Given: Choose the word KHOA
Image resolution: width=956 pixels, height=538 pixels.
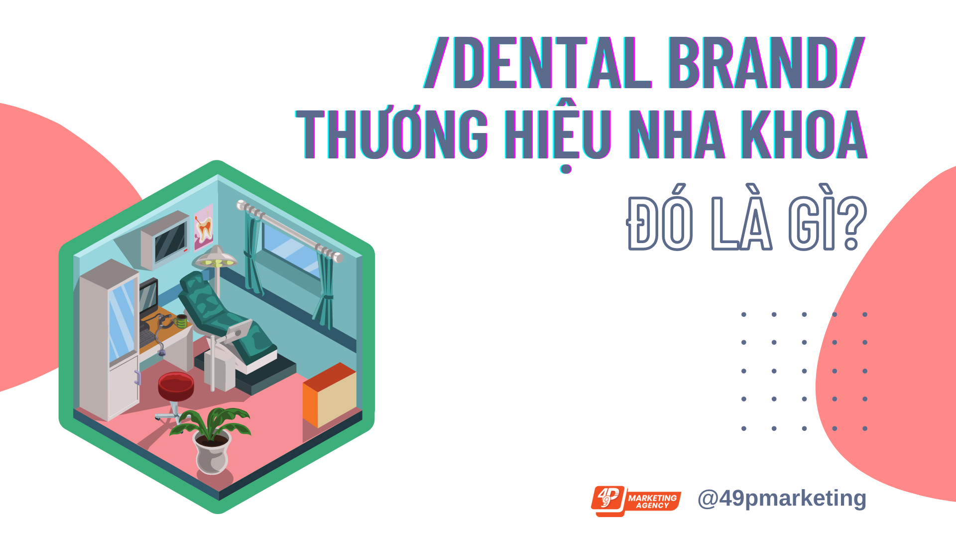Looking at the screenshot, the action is pos(804,134).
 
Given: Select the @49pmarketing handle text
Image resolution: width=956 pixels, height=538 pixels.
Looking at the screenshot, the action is pos(782,499).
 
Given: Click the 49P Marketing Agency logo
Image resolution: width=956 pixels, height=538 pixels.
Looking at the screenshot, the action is pos(636,501).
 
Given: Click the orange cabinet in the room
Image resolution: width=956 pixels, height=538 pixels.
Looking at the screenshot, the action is pos(330,395).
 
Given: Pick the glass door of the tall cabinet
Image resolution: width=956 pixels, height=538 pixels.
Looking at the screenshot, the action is pos(122,319).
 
